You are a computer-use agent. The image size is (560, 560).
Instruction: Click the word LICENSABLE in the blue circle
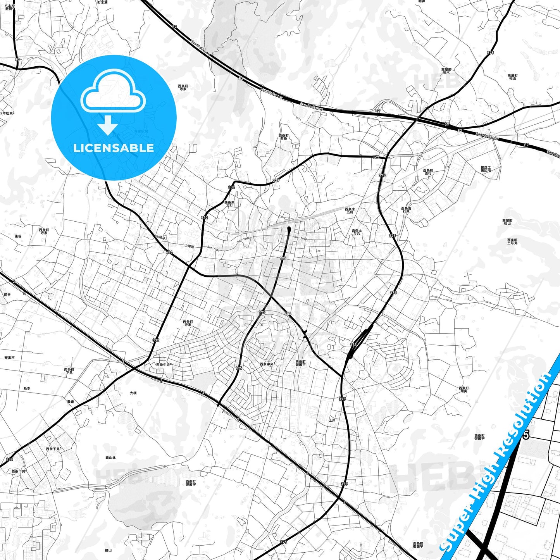[x=114, y=148]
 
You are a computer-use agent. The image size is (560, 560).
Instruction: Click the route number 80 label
[x=17, y=59]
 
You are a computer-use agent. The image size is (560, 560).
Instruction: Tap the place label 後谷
[x=18, y=236]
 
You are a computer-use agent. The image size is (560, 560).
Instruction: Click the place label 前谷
[x=7, y=295]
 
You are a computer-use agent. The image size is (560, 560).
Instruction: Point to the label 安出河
[x=9, y=358]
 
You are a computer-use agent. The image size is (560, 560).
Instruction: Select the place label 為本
[x=26, y=388]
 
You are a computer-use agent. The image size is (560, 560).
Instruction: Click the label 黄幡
[x=70, y=402]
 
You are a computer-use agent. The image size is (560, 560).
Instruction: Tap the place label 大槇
[x=133, y=393]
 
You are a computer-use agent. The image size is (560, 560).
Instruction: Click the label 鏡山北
[x=110, y=458]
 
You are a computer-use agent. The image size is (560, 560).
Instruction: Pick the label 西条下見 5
[x=53, y=449]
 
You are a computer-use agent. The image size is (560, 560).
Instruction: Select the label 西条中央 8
[x=164, y=364]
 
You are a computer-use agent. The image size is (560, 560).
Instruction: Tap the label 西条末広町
[x=350, y=210]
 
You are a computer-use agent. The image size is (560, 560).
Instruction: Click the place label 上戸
[x=332, y=420]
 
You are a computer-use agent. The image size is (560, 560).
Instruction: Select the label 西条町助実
[x=464, y=389]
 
